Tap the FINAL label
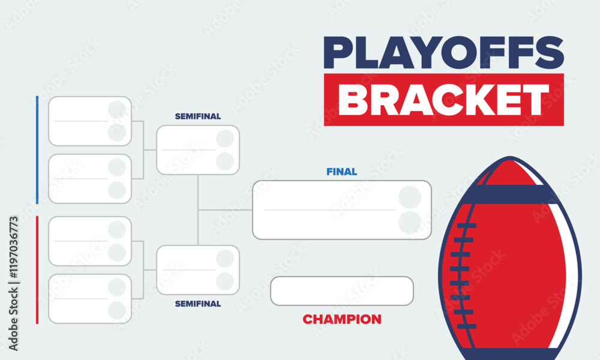(x=341, y=172)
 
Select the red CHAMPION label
(x=341, y=319)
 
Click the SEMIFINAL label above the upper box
(x=198, y=116)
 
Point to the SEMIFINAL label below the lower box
(x=198, y=304)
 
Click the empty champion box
(x=341, y=291)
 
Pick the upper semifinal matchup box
(x=189, y=150)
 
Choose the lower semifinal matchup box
(x=189, y=270)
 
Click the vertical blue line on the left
(x=37, y=150)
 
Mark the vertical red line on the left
(x=37, y=270)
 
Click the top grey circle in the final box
(x=410, y=197)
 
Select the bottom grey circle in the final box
(x=410, y=223)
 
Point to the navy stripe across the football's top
(x=510, y=194)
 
